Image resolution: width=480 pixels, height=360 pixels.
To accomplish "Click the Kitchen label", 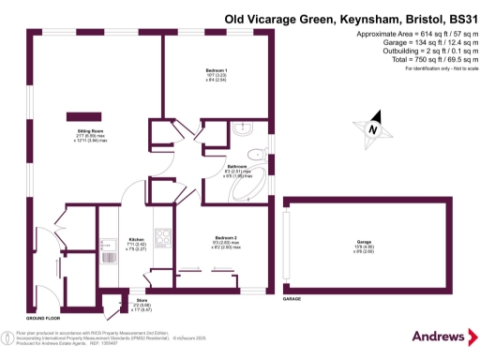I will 137,239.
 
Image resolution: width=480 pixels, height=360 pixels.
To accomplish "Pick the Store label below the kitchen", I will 142,299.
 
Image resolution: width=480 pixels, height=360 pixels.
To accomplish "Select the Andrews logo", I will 439,337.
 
